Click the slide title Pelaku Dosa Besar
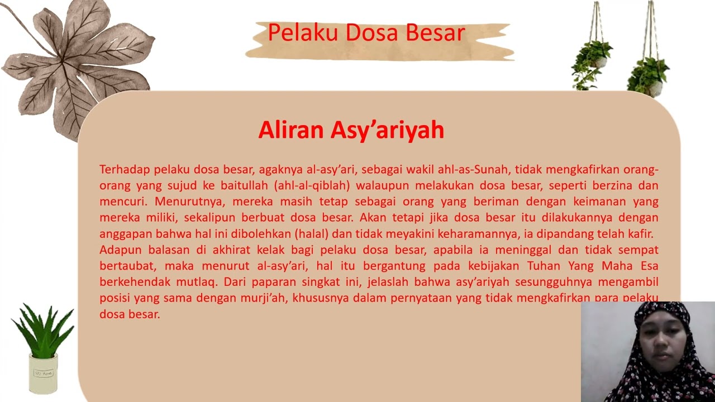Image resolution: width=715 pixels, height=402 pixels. tap(366, 33)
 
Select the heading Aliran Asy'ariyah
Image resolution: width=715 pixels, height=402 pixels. tap(351, 130)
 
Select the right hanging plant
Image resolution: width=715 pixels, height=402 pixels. tap(648, 73)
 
